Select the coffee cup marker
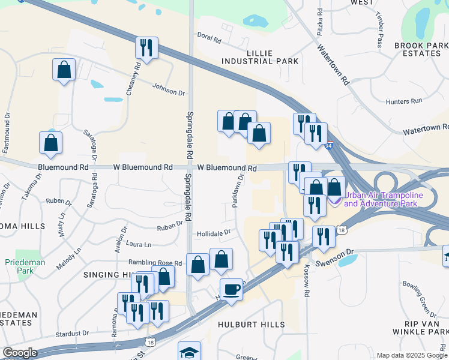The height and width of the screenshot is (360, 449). pyautogui.click(x=231, y=290)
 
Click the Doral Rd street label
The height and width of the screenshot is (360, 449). pyautogui.click(x=209, y=39)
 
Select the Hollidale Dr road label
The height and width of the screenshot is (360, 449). pyautogui.click(x=214, y=232)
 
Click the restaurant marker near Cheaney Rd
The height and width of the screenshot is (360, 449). pyautogui.click(x=146, y=47)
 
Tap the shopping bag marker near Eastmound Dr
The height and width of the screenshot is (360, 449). pyautogui.click(x=51, y=143)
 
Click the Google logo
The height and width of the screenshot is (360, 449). pyautogui.click(x=20, y=353)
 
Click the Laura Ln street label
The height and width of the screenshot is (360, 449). pyautogui.click(x=139, y=244)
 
